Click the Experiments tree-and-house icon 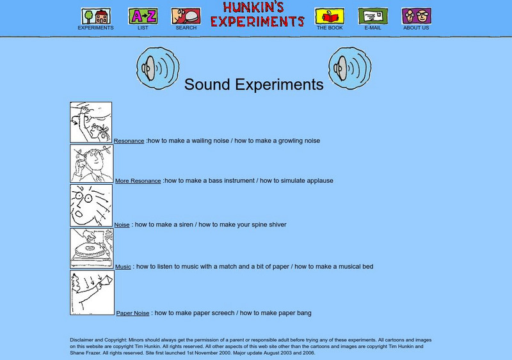95,16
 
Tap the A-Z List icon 143,16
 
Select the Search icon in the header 186,16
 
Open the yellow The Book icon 330,16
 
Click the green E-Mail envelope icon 373,16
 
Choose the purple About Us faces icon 417,16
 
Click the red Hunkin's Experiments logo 257,14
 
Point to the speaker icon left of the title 157,68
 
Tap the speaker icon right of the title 349,68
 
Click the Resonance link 129,141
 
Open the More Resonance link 138,181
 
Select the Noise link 122,225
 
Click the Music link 123,267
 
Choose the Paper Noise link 132,313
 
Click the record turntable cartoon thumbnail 92,248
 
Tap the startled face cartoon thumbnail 91,206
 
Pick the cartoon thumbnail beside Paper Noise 92,292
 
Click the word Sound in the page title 207,84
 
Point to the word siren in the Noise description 186,224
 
